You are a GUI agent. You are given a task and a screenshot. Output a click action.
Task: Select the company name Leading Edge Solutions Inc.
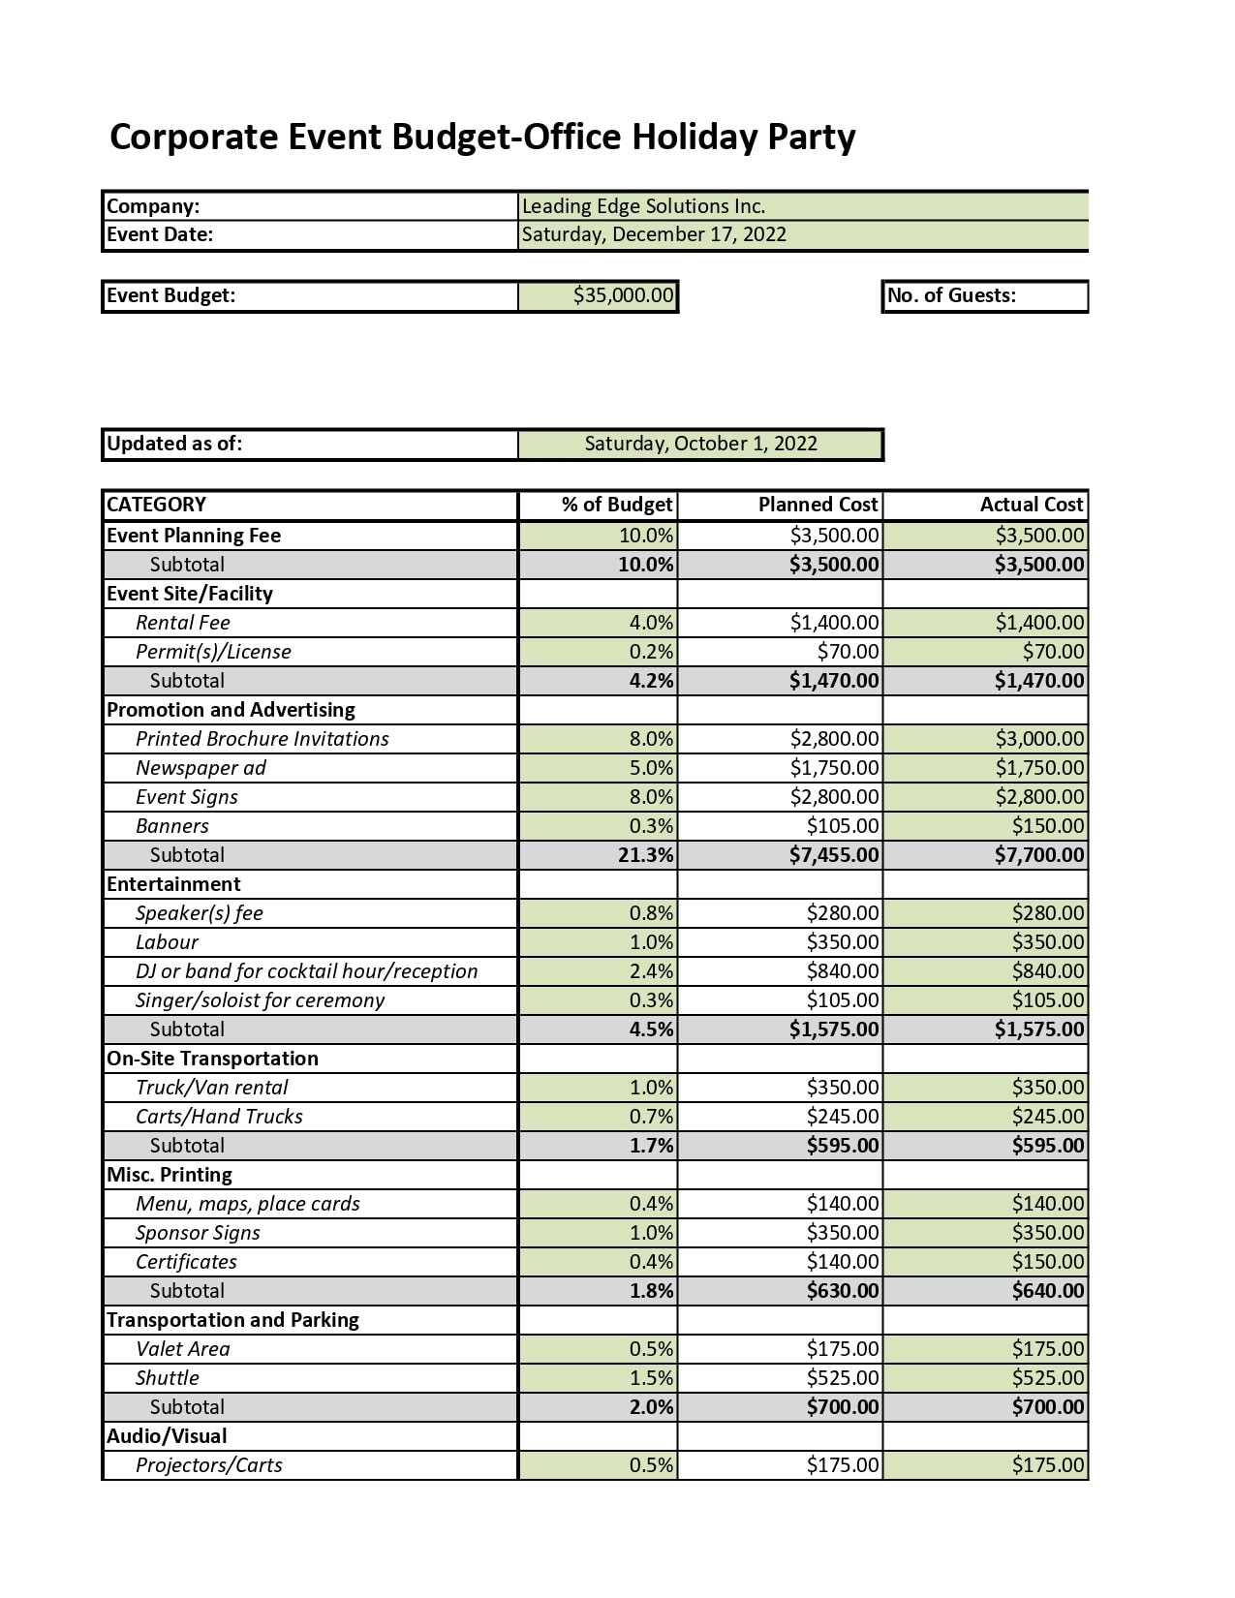pos(643,206)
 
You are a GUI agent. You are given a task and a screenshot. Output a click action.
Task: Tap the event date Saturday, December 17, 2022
pos(654,234)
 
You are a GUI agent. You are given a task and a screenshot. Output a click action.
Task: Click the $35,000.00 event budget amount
pos(623,295)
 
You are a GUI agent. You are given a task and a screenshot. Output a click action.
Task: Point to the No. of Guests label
pos(951,295)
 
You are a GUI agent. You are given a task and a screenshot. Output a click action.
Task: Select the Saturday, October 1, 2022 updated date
pos(700,444)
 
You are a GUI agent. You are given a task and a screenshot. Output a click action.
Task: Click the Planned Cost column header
pos(818,505)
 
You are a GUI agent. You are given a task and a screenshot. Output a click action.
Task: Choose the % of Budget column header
pos(616,505)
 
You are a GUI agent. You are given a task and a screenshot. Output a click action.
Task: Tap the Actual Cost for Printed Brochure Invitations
pos(1039,739)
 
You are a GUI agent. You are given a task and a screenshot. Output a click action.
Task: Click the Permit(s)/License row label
pos(213,652)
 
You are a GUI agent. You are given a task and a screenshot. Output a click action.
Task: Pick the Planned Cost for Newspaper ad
pos(834,768)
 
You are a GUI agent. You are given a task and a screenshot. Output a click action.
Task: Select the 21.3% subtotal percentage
pos(645,855)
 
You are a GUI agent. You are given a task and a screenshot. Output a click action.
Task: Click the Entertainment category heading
pos(173,884)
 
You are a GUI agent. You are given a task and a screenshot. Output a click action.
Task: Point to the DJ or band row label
pos(306,971)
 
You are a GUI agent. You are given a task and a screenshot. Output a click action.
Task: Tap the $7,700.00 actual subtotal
pos(1038,855)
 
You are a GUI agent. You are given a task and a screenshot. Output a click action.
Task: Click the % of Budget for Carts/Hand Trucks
pos(651,1117)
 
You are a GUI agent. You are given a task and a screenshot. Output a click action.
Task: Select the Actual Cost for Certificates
pos(1048,1262)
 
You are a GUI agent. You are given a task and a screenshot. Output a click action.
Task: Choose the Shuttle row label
pos(168,1378)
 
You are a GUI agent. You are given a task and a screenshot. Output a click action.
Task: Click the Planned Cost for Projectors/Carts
pos(843,1465)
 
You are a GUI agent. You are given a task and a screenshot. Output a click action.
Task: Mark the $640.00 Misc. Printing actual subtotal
pos(1048,1291)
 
